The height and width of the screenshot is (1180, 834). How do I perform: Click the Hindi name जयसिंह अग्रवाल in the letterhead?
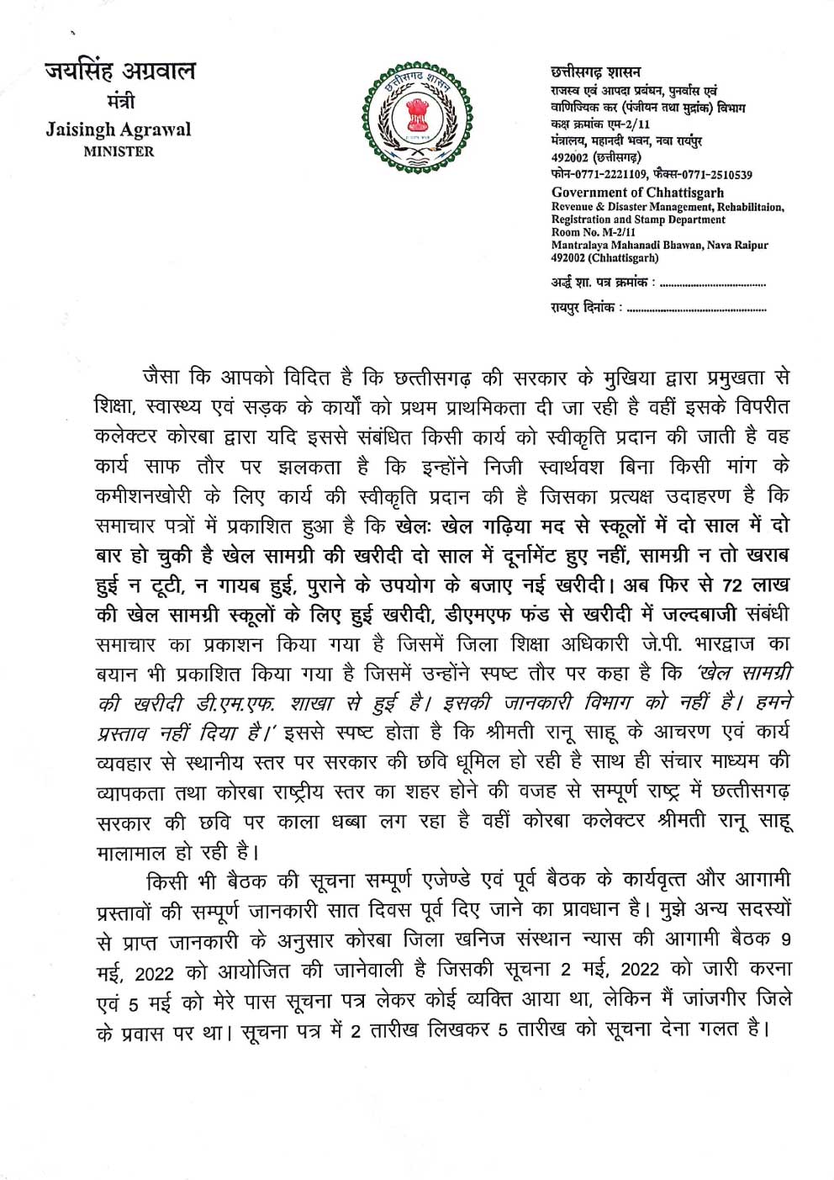(x=119, y=71)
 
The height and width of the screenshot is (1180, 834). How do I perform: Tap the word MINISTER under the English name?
(x=119, y=152)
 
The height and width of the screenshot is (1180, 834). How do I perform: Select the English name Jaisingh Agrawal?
(x=119, y=130)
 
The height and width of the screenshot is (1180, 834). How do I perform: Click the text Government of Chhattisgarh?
(x=636, y=192)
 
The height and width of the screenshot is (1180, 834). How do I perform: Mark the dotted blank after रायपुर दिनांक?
(x=697, y=310)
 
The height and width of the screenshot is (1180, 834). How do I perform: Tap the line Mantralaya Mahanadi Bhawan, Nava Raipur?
(x=659, y=245)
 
